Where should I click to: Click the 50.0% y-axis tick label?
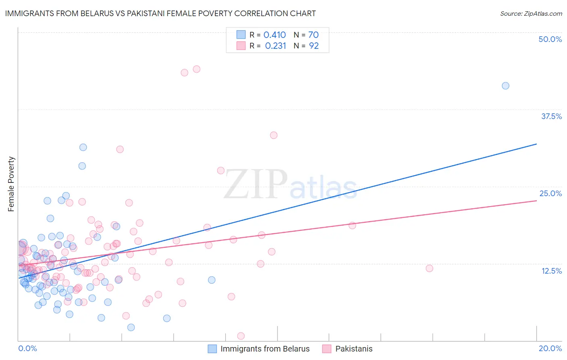pos(550,39)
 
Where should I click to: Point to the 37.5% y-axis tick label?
pos(551,116)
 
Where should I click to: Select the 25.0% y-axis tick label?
pos(550,193)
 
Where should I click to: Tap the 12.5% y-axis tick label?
pos(551,271)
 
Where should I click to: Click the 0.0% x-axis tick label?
pos(27,348)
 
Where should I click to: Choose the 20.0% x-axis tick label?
pos(550,348)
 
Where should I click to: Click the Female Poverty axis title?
pos(11,184)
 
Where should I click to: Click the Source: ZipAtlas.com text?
pos(531,13)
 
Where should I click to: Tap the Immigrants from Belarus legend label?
pos(265,349)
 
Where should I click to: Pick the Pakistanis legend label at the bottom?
pos(354,349)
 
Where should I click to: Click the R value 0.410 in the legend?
pos(275,35)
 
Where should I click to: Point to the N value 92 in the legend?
pos(314,46)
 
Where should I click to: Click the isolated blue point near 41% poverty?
pos(505,86)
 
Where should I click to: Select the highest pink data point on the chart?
pos(196,69)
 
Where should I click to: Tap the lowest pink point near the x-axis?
pos(241,336)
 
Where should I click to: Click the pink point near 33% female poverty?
pos(274,135)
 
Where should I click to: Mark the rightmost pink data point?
pos(429,268)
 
